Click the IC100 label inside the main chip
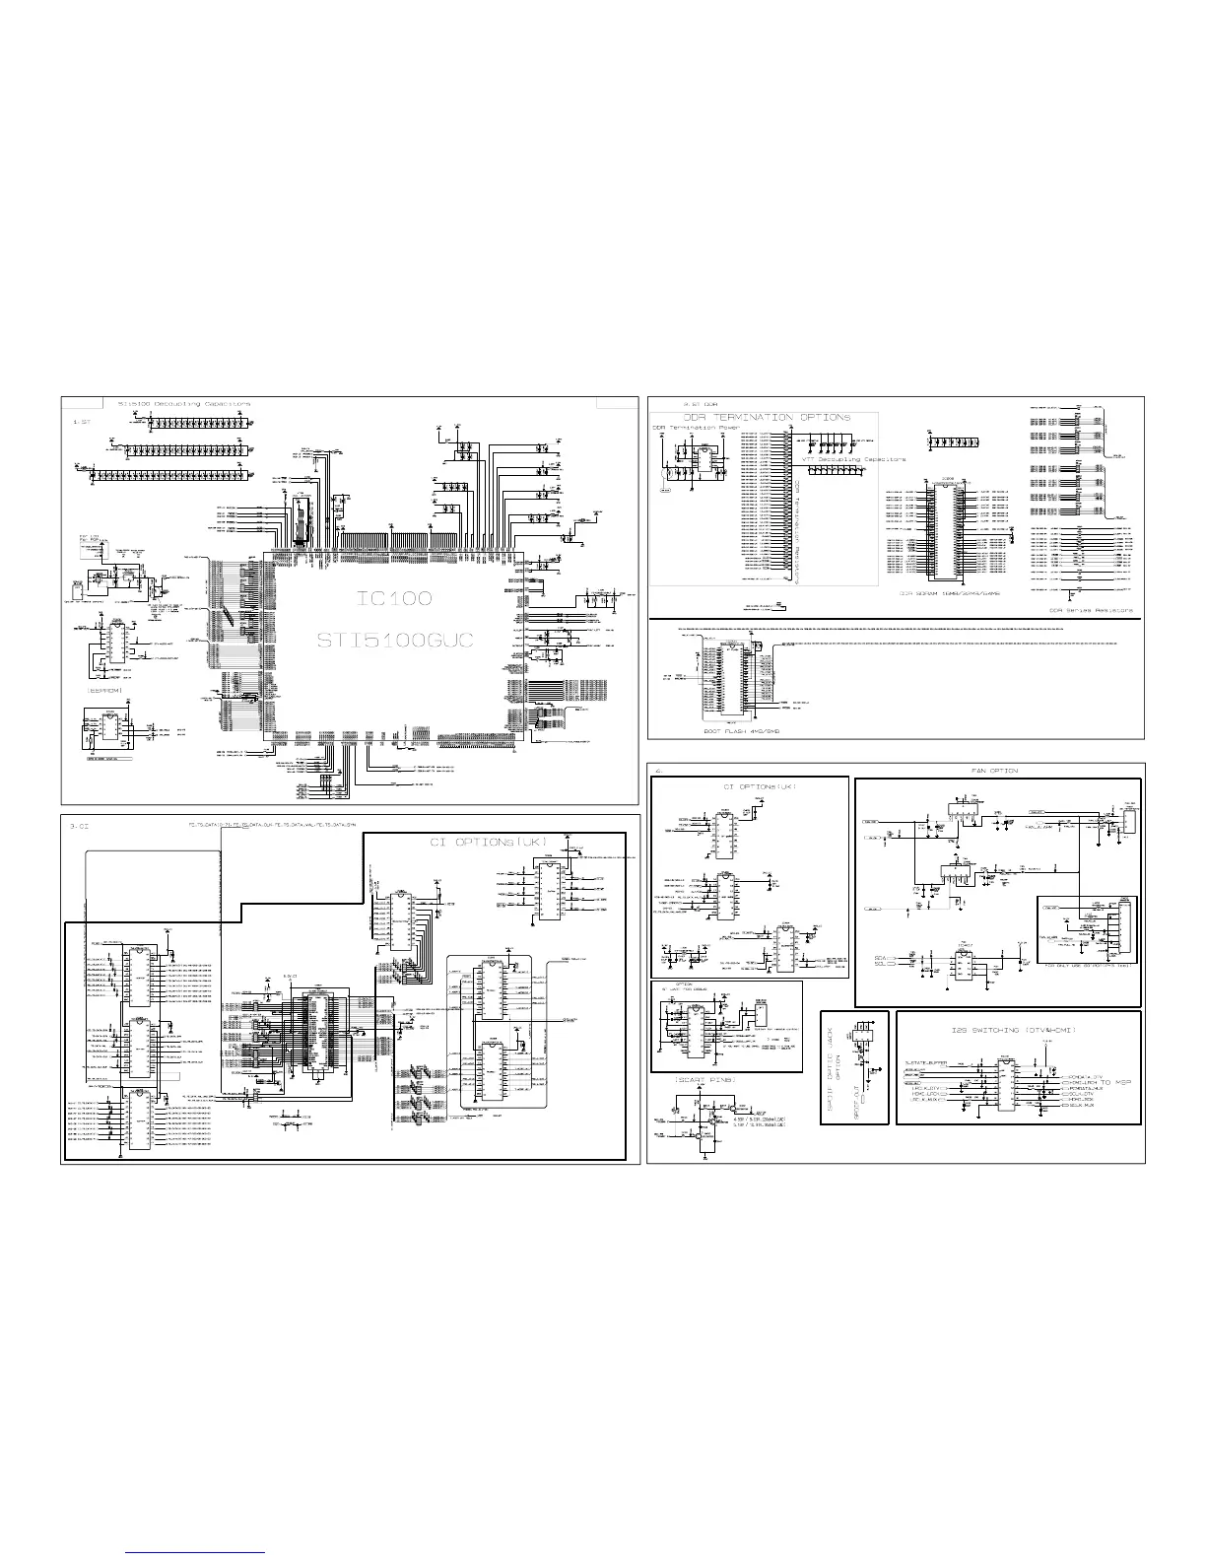(392, 598)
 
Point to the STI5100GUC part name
(394, 641)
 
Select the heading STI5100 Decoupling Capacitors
(184, 404)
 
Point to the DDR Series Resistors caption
(1091, 610)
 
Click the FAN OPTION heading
(995, 770)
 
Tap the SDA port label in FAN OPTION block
(882, 957)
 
